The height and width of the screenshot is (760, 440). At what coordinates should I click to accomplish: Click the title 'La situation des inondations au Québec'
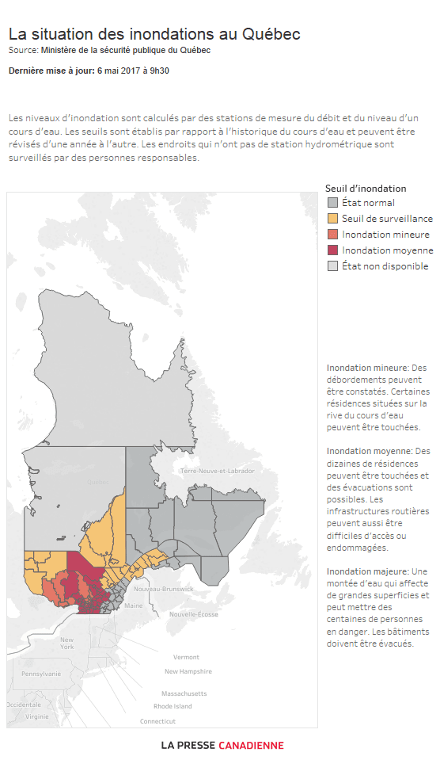click(x=154, y=35)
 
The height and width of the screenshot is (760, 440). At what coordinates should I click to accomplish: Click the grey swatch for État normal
click(x=333, y=203)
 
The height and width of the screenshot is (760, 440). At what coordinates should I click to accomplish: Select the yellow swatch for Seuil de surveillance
click(x=333, y=219)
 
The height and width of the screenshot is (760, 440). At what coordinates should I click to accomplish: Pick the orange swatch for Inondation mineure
click(x=333, y=235)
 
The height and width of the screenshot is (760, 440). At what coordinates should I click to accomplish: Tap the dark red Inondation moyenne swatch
click(x=333, y=250)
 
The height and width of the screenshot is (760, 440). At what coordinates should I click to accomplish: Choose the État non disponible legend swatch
click(x=333, y=266)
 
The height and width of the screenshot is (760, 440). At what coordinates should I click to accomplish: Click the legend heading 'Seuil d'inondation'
click(x=366, y=189)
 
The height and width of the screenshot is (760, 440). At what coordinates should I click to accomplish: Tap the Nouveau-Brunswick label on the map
click(x=163, y=589)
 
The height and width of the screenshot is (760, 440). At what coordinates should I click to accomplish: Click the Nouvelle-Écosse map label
click(x=194, y=614)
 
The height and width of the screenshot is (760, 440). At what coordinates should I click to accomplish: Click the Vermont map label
click(x=186, y=657)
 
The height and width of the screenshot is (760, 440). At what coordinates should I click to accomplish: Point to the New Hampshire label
click(x=188, y=671)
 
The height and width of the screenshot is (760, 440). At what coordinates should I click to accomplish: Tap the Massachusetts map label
click(x=184, y=693)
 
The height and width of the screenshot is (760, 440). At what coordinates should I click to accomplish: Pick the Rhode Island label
click(x=173, y=706)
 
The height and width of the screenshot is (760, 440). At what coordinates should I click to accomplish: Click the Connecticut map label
click(x=157, y=721)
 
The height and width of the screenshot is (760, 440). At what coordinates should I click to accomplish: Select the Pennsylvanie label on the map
click(x=41, y=674)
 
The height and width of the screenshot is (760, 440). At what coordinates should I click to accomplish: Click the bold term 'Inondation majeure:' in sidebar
click(x=367, y=571)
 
